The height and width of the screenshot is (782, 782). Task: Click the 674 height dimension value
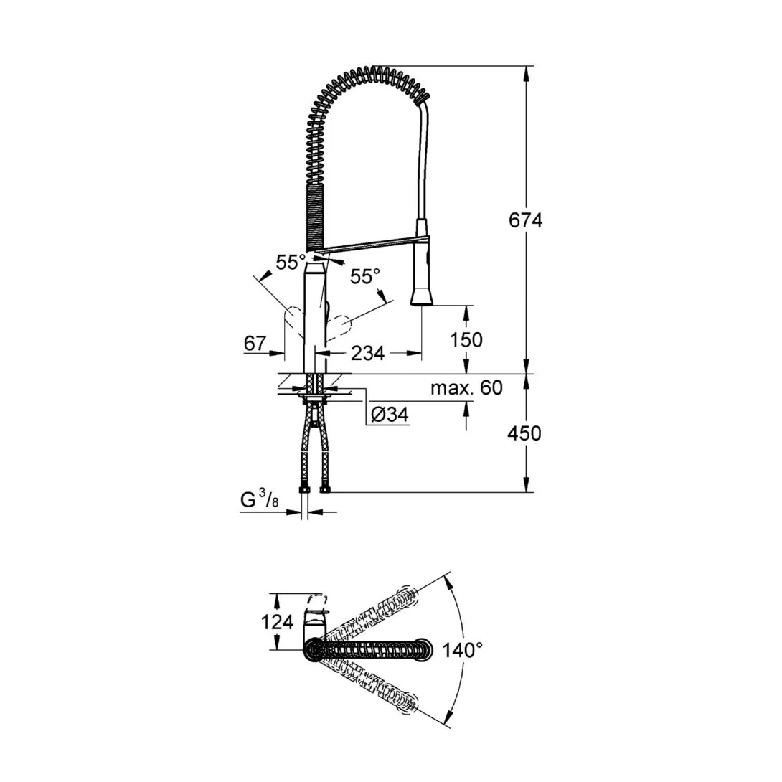click(525, 221)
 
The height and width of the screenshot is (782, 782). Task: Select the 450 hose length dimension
click(524, 433)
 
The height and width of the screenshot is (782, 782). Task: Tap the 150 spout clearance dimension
click(466, 339)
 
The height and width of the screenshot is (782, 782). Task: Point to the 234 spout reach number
click(367, 353)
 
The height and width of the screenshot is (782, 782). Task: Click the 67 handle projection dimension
click(255, 344)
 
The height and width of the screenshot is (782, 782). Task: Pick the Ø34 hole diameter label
click(389, 415)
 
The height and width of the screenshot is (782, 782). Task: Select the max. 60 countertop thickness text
click(466, 389)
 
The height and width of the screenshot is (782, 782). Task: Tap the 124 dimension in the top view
click(277, 622)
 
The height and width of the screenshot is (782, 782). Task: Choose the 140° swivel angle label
click(463, 651)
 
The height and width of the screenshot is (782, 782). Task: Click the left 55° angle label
click(291, 263)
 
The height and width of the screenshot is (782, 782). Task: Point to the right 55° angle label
click(364, 276)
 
